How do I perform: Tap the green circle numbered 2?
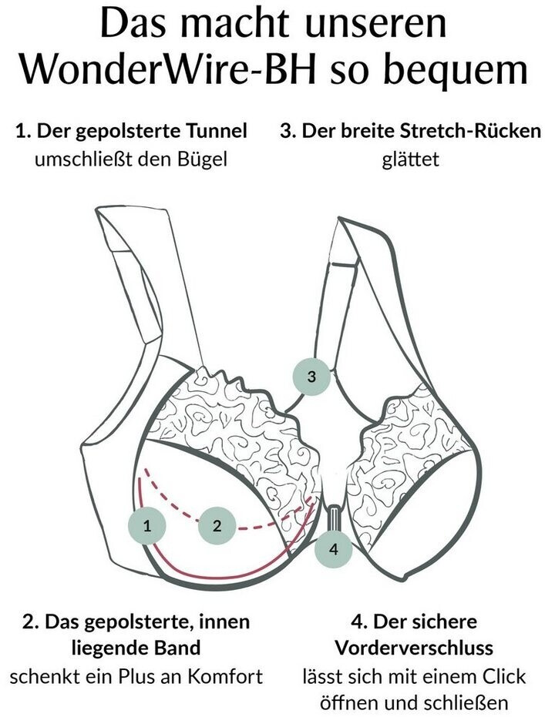[217, 526]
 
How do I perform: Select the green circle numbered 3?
[311, 377]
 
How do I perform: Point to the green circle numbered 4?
[333, 548]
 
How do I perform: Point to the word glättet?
[409, 160]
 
